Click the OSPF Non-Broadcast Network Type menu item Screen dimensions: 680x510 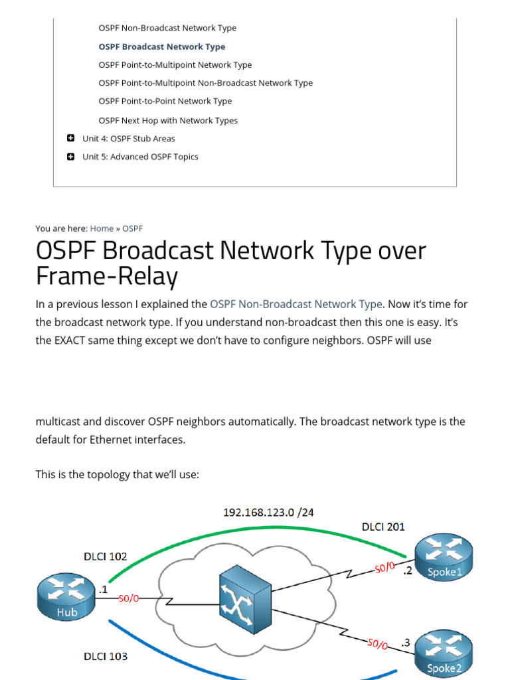(x=167, y=28)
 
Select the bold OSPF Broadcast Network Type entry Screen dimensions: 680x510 (x=161, y=46)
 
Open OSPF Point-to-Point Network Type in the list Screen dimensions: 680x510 (x=165, y=101)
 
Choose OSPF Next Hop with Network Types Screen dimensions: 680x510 (x=167, y=120)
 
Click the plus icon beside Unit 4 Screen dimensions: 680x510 (x=70, y=138)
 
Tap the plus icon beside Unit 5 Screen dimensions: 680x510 (x=70, y=157)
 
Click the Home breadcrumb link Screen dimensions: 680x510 (x=102, y=228)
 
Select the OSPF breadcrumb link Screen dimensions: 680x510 (x=132, y=228)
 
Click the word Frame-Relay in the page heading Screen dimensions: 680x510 (x=106, y=276)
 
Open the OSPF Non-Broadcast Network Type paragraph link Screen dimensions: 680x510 (x=296, y=304)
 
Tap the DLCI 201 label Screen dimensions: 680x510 (x=383, y=527)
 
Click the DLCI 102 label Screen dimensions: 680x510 (x=105, y=556)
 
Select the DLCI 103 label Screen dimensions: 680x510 (x=105, y=656)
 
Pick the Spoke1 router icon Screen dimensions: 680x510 (x=444, y=558)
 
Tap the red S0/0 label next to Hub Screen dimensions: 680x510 (x=129, y=598)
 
